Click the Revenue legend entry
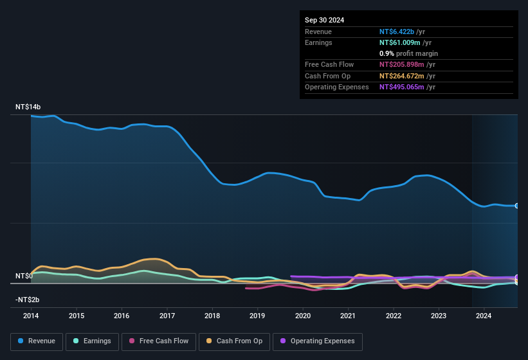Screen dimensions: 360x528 tap(36, 341)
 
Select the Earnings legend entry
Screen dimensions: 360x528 tap(92, 341)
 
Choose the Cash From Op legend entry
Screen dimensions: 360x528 tap(234, 341)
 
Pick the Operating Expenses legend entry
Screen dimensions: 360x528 tap(317, 341)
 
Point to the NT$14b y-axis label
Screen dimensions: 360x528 tap(28, 107)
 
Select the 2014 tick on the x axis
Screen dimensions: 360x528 tap(31, 316)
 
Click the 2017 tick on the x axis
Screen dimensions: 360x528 tap(167, 316)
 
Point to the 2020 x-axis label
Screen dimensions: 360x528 tap(303, 316)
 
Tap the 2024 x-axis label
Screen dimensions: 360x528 tap(484, 316)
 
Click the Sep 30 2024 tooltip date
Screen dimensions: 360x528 tap(325, 20)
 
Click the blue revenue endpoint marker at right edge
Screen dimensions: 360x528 tap(517, 206)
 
